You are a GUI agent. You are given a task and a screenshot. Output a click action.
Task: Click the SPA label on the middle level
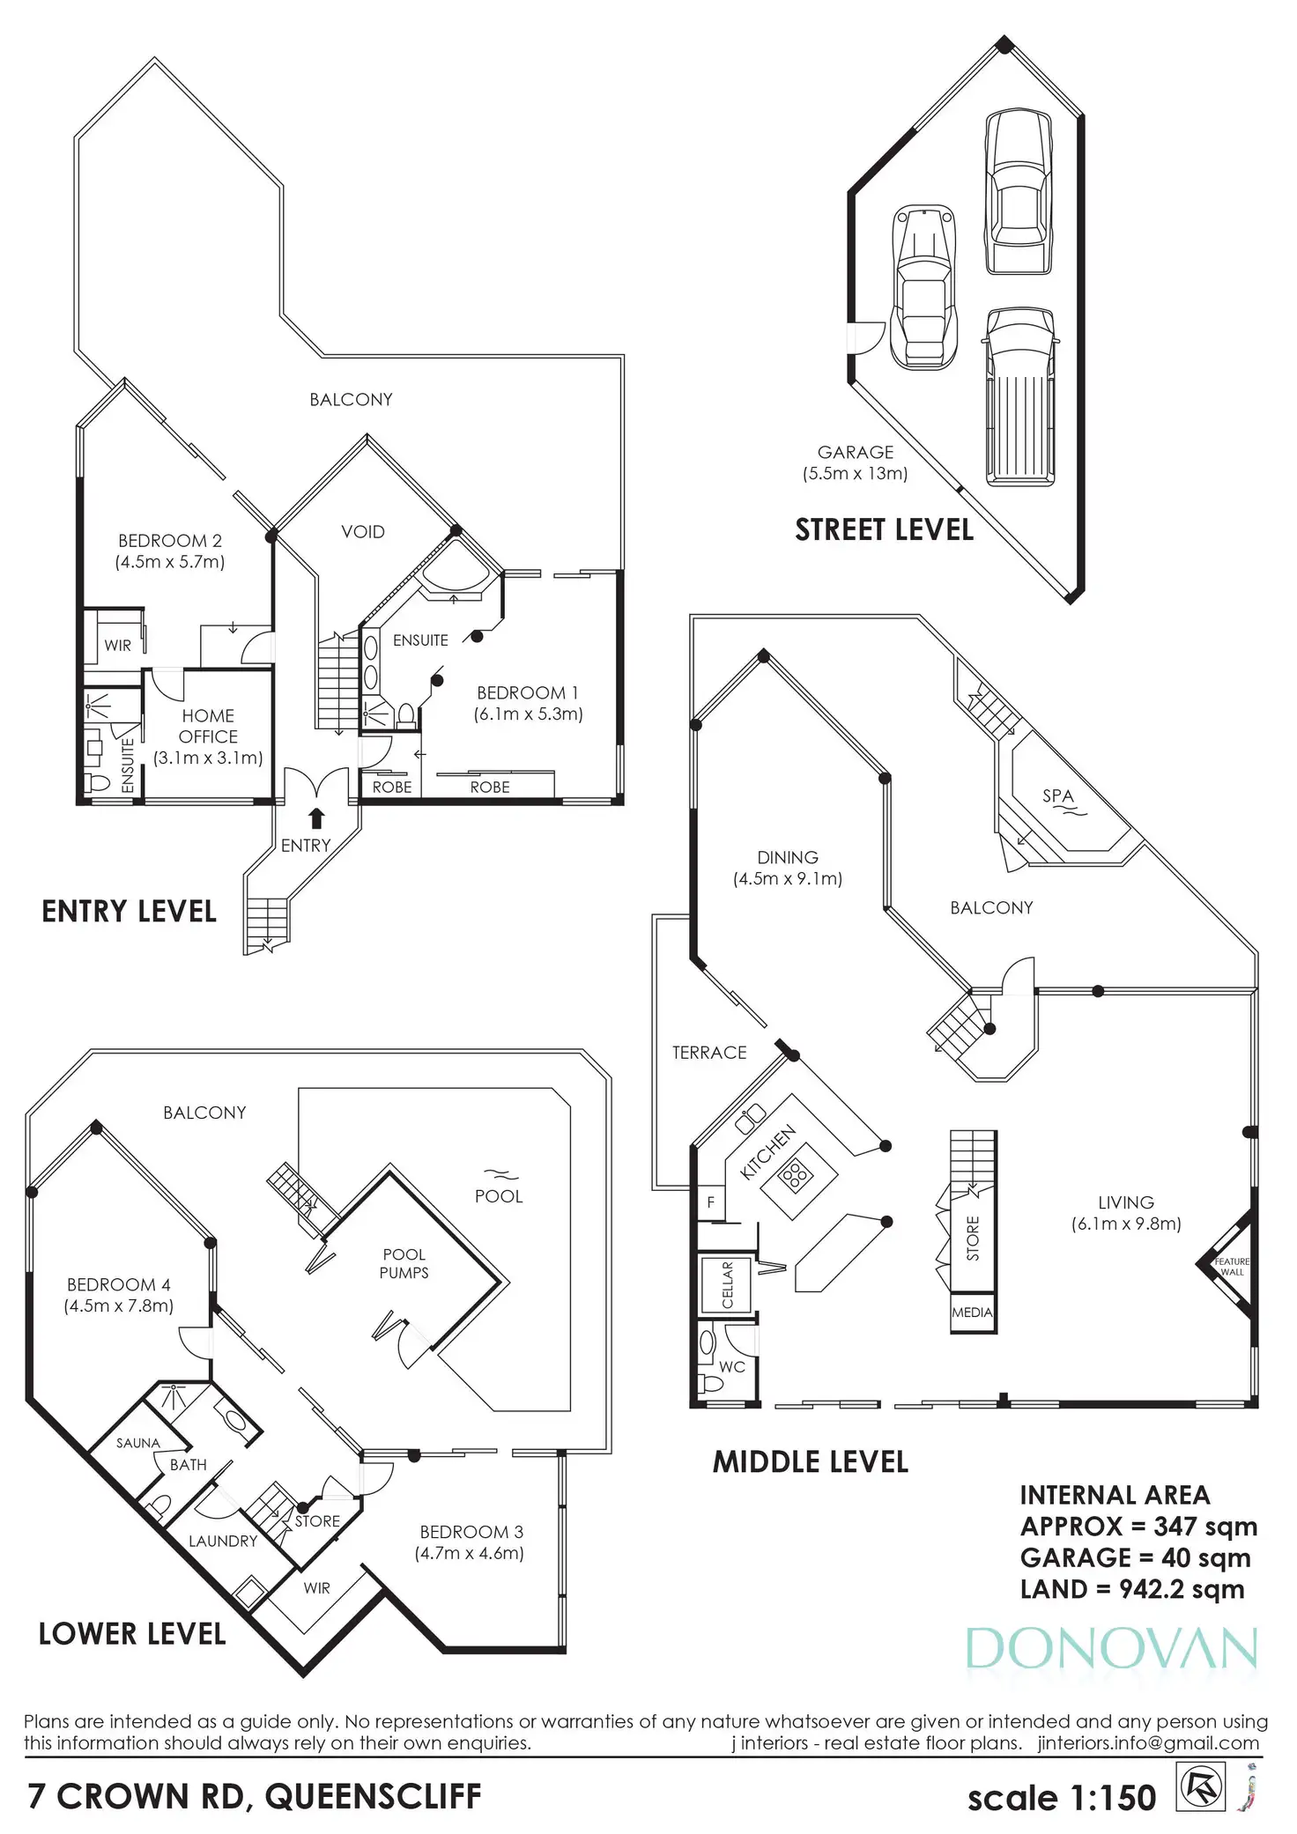(1057, 795)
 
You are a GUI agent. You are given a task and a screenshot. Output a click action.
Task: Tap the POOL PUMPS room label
(404, 1263)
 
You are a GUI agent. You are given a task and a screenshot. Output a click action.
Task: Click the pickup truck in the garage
(1019, 396)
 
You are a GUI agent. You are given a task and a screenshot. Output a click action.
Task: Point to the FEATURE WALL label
(1232, 1267)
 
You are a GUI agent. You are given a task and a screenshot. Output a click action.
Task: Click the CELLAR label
(728, 1285)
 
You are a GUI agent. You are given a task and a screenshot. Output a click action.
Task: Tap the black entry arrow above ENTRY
(316, 818)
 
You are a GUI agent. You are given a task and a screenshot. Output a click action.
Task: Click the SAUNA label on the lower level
(138, 1443)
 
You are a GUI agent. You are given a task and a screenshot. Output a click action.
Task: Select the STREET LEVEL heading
(884, 529)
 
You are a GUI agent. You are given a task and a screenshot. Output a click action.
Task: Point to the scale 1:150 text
(1061, 1798)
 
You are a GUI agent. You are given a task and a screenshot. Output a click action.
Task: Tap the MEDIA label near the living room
(972, 1313)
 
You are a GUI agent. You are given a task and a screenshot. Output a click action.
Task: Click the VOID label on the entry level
(363, 531)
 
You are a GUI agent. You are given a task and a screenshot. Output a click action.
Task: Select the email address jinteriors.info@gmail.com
(1147, 1743)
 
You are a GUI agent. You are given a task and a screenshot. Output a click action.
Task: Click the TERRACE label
(709, 1053)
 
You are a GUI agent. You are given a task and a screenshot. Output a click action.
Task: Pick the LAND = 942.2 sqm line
(1132, 1589)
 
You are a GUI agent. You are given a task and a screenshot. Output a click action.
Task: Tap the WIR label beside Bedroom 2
(117, 645)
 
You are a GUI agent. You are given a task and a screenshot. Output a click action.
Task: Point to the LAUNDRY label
(223, 1541)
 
